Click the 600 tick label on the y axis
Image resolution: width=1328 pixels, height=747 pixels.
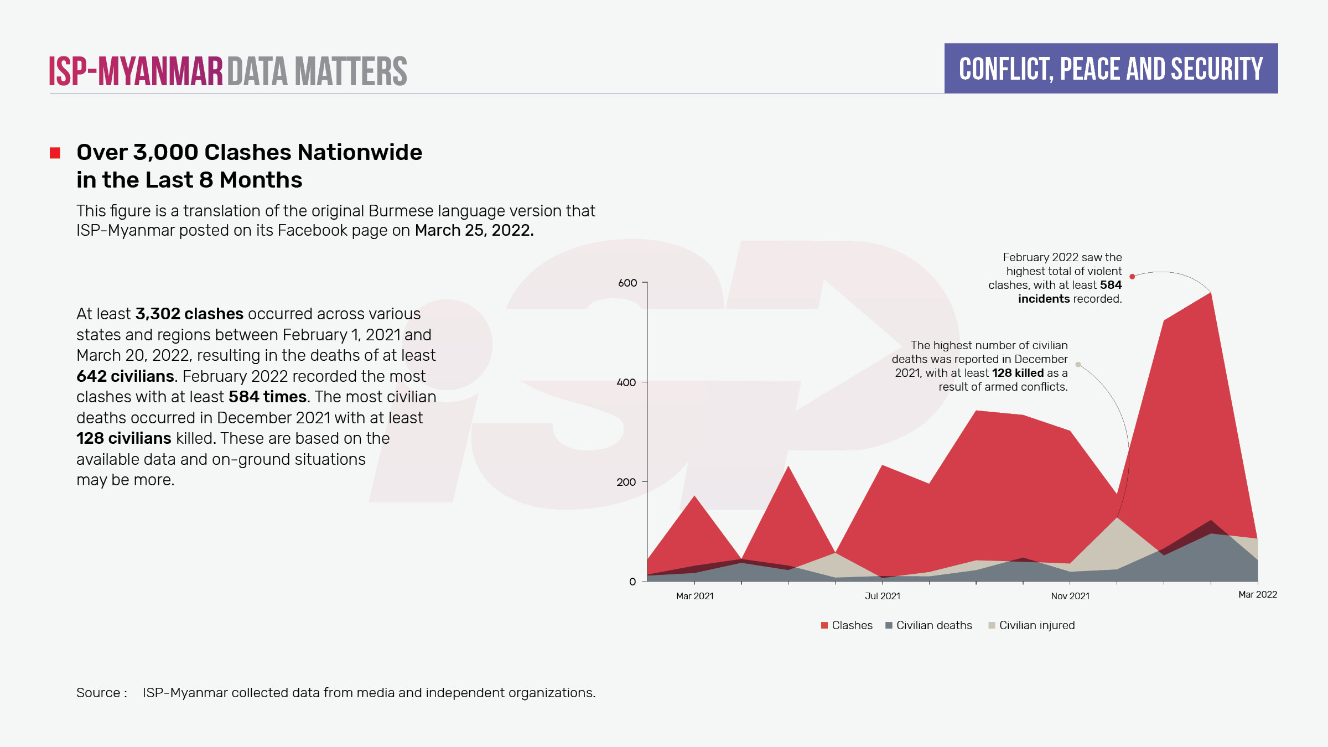tap(627, 283)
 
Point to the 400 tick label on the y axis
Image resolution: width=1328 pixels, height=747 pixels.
tap(626, 382)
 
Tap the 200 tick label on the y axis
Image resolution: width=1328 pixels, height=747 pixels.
tap(626, 482)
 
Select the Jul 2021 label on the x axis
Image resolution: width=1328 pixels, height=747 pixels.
tap(883, 596)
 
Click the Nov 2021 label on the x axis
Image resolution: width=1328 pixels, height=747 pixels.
tap(1070, 596)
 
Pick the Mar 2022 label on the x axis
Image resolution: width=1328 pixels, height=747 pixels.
tap(1258, 594)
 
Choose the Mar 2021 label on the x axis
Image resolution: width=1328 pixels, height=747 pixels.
tap(695, 596)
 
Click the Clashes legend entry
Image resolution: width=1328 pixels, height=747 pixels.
tap(847, 625)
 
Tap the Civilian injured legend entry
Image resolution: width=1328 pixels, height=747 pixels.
tap(1031, 625)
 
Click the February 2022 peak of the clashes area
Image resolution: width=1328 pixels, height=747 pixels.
tap(1211, 293)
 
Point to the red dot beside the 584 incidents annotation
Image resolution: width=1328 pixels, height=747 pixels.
tap(1132, 277)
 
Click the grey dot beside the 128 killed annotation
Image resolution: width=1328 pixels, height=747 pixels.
tap(1078, 364)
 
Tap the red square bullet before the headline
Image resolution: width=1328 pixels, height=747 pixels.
tap(55, 153)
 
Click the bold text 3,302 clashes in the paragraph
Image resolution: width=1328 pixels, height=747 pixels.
tap(189, 314)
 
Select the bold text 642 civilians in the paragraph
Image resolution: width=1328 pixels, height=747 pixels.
tap(125, 376)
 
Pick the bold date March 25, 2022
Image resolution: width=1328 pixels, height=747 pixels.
tap(474, 230)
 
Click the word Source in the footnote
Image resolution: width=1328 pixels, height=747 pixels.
tap(98, 693)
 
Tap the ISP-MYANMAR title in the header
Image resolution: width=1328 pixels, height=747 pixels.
tap(136, 71)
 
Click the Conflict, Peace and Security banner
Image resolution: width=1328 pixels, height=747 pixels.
tap(1111, 69)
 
